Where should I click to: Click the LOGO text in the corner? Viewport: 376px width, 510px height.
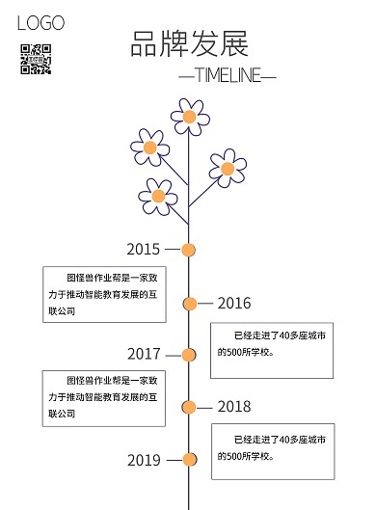[40, 23]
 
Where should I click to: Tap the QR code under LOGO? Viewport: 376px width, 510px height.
[35, 59]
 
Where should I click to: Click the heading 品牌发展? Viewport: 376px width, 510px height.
[190, 44]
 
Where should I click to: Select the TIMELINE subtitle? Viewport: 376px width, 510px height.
[227, 76]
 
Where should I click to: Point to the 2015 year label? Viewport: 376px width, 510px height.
[144, 249]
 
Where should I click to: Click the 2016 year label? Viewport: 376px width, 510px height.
[233, 303]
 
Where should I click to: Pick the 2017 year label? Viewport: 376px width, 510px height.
[144, 353]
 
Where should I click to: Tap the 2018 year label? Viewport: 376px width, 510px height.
[233, 406]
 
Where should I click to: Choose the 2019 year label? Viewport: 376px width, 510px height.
[144, 460]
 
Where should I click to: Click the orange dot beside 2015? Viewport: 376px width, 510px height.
[190, 250]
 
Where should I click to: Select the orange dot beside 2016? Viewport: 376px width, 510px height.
[190, 304]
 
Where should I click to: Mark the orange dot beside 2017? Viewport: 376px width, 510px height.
[190, 354]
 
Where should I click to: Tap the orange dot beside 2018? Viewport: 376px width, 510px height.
[190, 406]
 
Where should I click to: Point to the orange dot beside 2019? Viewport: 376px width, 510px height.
[190, 459]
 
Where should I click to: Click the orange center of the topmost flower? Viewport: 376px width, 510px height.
[190, 118]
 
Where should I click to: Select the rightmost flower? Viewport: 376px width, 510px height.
[228, 169]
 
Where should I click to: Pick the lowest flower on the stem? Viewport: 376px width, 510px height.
[161, 196]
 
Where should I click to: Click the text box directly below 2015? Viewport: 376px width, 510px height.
[104, 294]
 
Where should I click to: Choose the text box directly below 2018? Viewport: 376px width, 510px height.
[273, 449]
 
